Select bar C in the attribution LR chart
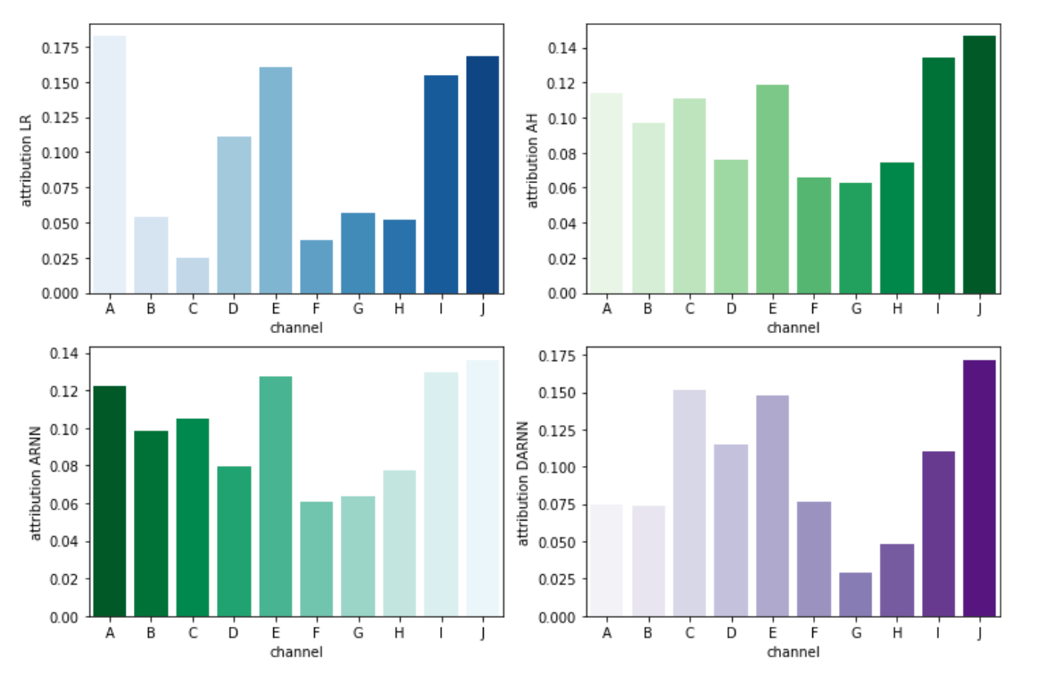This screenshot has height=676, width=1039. (x=192, y=275)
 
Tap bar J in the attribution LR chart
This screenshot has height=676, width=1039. (x=482, y=174)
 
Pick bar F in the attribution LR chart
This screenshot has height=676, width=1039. (x=317, y=266)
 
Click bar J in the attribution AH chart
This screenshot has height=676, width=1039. (x=978, y=164)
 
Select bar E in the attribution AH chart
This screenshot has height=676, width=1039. (x=772, y=188)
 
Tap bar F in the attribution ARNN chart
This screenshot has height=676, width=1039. (x=317, y=559)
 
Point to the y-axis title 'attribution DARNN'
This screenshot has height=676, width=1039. (x=523, y=483)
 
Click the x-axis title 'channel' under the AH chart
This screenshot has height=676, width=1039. (x=793, y=328)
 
